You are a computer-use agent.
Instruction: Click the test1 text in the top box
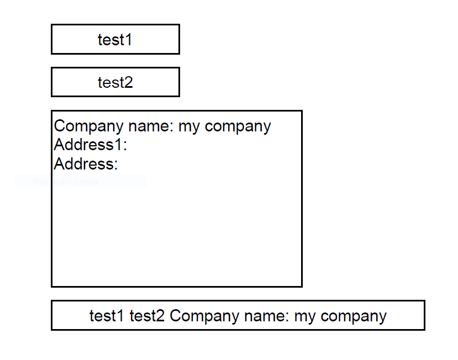tap(115, 40)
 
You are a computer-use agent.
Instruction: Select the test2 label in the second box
tap(115, 82)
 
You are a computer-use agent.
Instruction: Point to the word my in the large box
tap(189, 126)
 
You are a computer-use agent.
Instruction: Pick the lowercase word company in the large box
tap(238, 126)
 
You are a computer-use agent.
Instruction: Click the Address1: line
tap(91, 145)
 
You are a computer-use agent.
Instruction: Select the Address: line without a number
tap(86, 164)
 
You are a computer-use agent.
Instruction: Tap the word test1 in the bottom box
tap(107, 316)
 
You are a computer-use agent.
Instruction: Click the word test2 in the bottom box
tap(147, 316)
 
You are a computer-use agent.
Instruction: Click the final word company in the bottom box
tap(354, 316)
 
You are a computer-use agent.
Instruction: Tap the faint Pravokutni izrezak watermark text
tap(66, 182)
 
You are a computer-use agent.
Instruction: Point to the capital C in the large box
tap(60, 126)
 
